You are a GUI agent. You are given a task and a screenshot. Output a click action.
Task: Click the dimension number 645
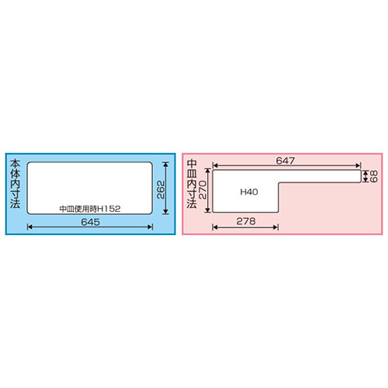pyautogui.click(x=90, y=221)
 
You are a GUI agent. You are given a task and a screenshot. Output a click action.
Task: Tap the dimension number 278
pyautogui.click(x=245, y=220)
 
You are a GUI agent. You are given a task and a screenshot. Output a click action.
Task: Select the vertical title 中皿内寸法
pyautogui.click(x=192, y=187)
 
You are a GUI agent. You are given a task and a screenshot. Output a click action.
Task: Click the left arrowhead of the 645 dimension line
pyautogui.click(x=30, y=227)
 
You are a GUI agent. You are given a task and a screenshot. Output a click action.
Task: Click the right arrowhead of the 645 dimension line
pyautogui.click(x=150, y=227)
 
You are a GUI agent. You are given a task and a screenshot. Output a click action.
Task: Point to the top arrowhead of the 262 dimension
pyautogui.click(x=166, y=165)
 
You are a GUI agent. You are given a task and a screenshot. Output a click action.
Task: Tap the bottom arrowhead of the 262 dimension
pyautogui.click(x=166, y=213)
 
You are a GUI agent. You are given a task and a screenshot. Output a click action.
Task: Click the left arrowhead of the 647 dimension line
pyautogui.click(x=215, y=166)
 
